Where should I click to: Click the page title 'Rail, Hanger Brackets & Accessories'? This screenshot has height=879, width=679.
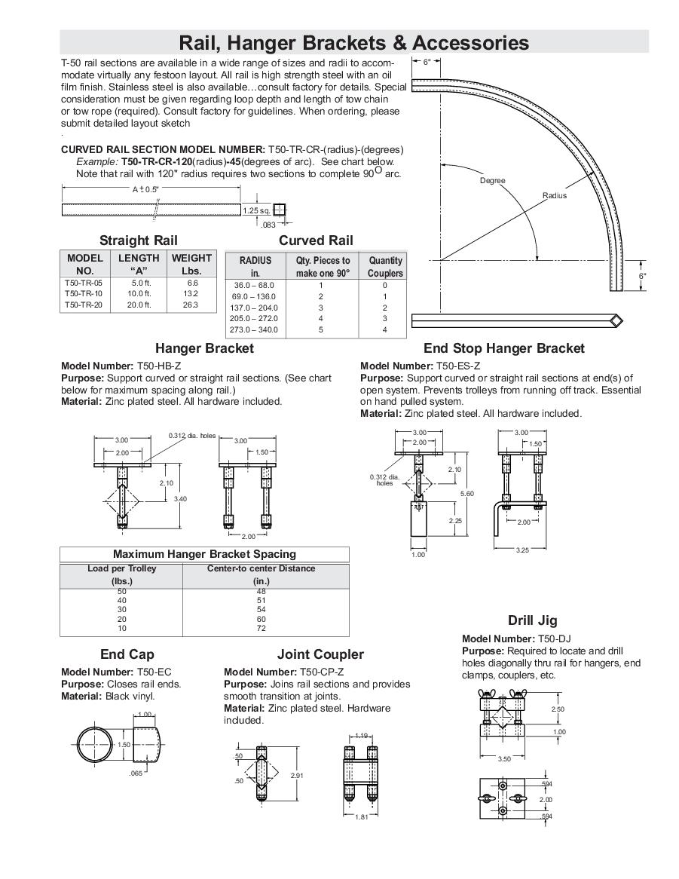point(353,42)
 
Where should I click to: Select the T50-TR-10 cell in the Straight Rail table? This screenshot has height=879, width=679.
point(76,293)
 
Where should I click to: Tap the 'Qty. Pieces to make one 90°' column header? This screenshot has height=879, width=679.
point(323,267)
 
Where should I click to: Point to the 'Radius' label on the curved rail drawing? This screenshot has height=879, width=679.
point(555,195)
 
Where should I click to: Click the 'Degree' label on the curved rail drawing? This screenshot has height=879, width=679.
point(493,181)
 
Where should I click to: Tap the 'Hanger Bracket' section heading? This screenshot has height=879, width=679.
point(204,348)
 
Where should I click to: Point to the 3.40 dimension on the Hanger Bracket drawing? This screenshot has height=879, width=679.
point(180,498)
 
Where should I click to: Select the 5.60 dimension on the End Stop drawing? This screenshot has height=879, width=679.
point(467,493)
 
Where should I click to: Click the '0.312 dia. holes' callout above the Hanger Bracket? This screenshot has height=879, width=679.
point(191,436)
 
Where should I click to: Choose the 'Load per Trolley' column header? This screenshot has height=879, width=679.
point(121,568)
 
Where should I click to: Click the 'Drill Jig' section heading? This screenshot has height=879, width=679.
point(532,620)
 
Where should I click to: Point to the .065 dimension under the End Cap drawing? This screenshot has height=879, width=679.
point(136,773)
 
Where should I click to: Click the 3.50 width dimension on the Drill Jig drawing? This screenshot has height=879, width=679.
point(505,759)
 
